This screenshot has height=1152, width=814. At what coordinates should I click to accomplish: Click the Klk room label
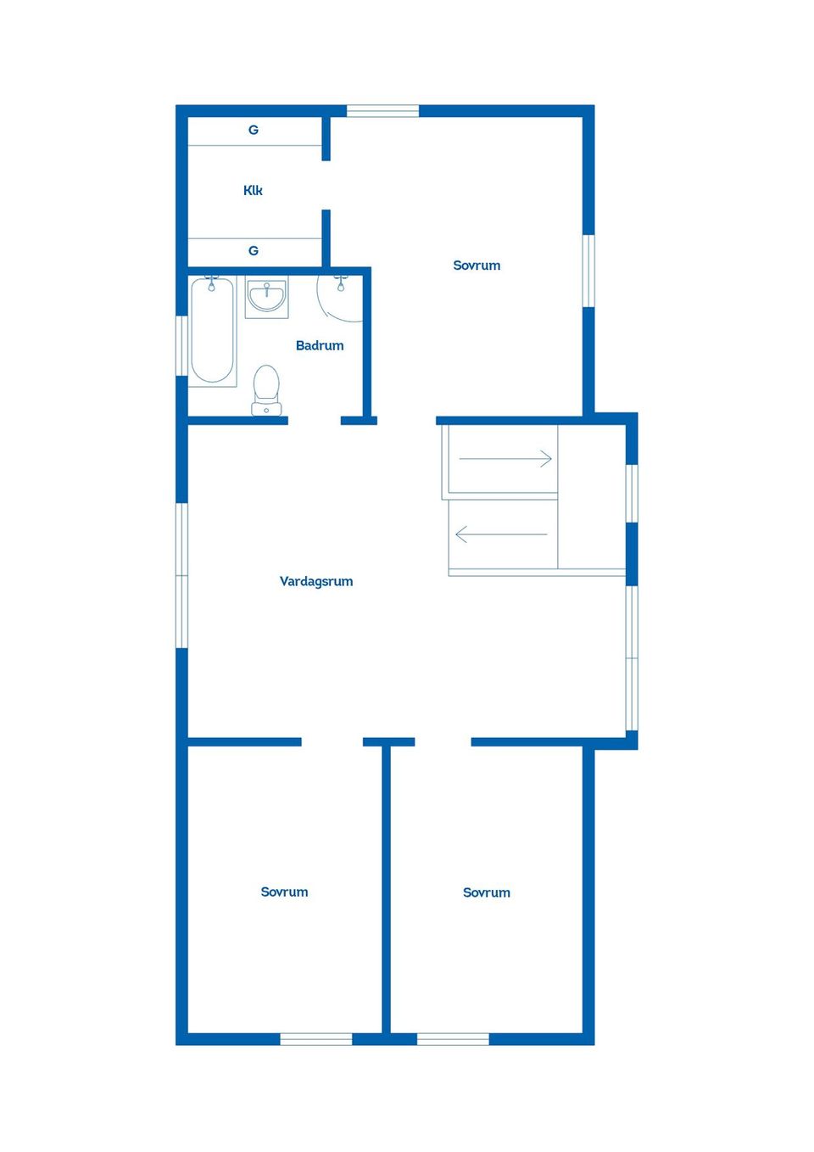point(253,190)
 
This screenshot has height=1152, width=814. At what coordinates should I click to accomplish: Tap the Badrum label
point(320,345)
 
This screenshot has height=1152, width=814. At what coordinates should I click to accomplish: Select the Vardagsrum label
point(316,582)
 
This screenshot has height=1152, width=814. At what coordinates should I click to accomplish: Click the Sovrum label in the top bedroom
point(477,266)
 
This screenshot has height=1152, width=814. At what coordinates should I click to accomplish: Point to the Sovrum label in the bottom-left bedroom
point(284,892)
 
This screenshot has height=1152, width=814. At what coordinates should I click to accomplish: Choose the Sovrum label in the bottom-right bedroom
point(486,892)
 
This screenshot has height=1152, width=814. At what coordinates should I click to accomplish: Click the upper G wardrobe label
point(254,130)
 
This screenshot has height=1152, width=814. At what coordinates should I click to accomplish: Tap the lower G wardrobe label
point(254,251)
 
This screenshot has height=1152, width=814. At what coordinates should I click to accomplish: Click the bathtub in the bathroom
point(212,331)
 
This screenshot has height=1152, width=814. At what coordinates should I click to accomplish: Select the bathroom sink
point(266,297)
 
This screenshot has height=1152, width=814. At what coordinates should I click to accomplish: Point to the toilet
point(266,390)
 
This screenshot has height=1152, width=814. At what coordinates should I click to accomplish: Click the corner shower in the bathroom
point(340,299)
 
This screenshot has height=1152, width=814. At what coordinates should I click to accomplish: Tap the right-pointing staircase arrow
point(505,458)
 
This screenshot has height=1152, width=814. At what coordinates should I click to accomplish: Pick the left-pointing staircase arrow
point(502,534)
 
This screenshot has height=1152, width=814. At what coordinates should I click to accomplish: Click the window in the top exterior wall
point(383,111)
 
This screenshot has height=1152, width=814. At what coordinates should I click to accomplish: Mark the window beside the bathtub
point(182,345)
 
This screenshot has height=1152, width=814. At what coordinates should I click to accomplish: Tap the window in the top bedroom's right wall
point(588,271)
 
